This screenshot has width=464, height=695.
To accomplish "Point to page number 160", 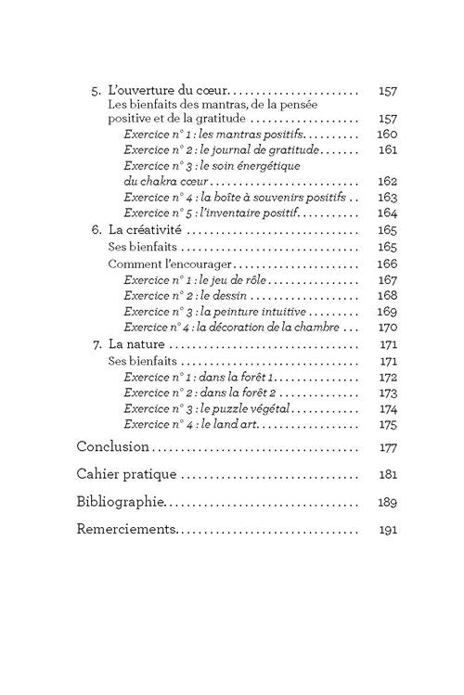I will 388,135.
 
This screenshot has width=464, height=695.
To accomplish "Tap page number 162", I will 388,181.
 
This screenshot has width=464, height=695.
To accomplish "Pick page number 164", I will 388,212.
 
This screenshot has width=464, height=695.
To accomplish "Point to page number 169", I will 388,312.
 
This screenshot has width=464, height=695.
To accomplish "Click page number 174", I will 388,409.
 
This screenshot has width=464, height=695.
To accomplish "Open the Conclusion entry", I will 112,446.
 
